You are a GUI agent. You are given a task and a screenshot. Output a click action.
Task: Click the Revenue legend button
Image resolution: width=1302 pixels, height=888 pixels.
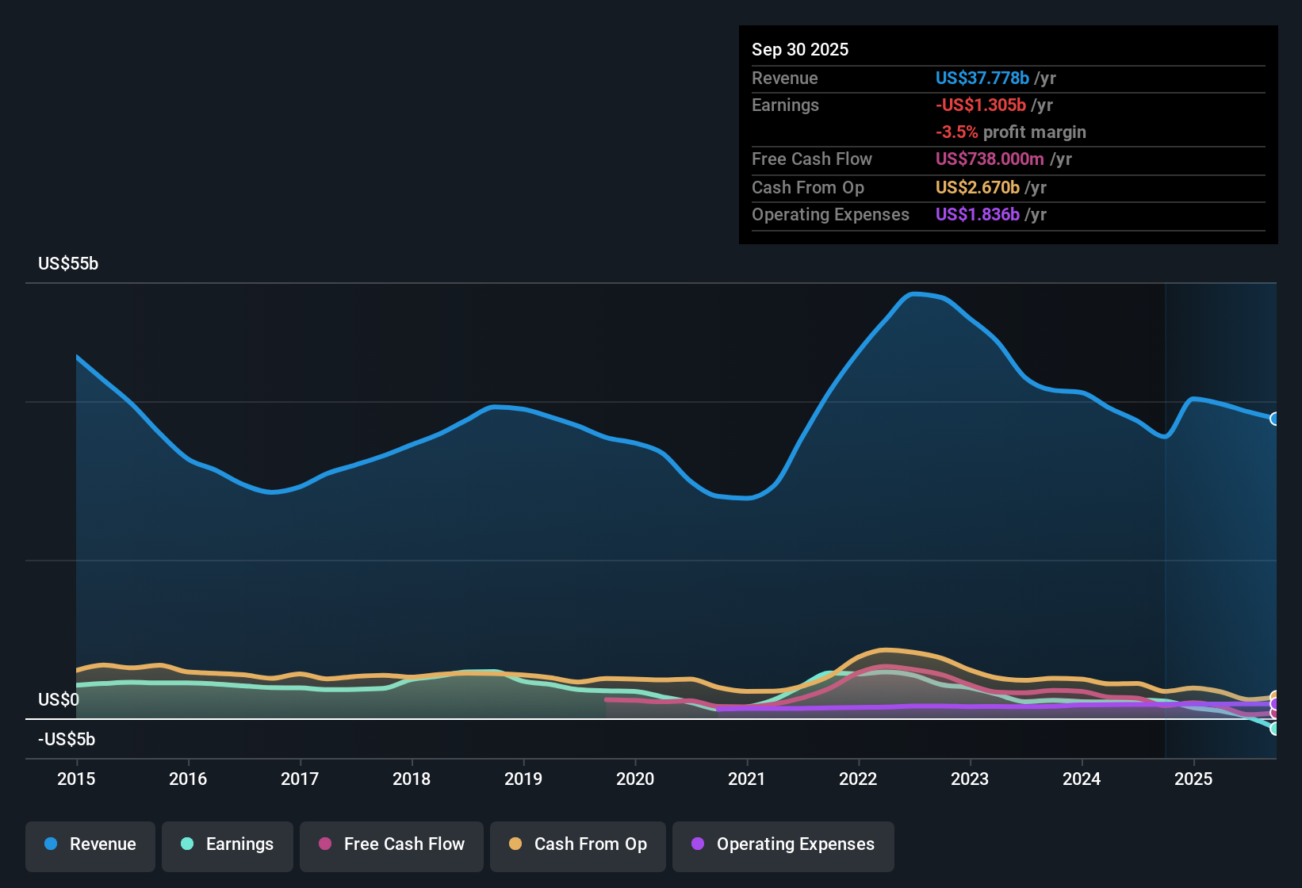click(90, 844)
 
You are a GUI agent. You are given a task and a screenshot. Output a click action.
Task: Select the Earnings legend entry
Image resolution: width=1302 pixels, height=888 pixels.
click(228, 844)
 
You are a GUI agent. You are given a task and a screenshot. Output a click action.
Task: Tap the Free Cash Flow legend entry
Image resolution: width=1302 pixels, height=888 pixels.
click(392, 844)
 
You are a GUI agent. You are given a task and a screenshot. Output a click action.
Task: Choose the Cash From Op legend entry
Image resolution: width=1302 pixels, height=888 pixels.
click(578, 844)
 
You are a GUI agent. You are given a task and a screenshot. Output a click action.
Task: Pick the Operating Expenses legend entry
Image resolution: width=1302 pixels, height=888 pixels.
click(783, 844)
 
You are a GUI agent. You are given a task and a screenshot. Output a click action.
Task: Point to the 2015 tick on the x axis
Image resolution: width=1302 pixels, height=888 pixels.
click(76, 779)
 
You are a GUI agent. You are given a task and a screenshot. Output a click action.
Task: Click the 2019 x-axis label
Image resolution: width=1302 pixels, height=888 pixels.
click(523, 779)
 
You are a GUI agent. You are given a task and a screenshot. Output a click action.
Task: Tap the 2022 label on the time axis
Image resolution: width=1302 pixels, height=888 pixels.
click(858, 779)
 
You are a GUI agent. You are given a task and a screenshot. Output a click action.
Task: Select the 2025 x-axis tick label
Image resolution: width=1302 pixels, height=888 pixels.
click(1193, 779)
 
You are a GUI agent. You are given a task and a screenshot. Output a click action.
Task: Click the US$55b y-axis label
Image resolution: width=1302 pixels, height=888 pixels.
click(68, 264)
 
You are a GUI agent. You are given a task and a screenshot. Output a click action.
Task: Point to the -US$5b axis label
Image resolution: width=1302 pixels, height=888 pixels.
click(67, 740)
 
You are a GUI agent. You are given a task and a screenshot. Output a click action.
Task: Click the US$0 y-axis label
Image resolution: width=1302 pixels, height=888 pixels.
click(59, 700)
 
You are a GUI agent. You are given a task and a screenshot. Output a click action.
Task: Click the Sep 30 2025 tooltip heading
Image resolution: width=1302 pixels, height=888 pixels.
click(800, 50)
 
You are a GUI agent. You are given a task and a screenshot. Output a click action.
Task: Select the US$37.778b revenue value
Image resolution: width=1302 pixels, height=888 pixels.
click(982, 78)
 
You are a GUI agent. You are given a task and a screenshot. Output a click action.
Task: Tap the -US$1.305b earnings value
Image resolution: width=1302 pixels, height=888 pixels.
click(980, 105)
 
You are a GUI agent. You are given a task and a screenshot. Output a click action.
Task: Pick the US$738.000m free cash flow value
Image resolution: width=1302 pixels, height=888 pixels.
click(990, 159)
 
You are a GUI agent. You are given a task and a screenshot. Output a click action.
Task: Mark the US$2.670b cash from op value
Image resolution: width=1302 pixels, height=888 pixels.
click(977, 188)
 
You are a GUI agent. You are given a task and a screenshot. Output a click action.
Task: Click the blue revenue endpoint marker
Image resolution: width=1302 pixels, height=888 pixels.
click(1274, 419)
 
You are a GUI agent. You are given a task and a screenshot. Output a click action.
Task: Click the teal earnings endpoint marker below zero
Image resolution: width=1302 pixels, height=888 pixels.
click(1274, 728)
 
